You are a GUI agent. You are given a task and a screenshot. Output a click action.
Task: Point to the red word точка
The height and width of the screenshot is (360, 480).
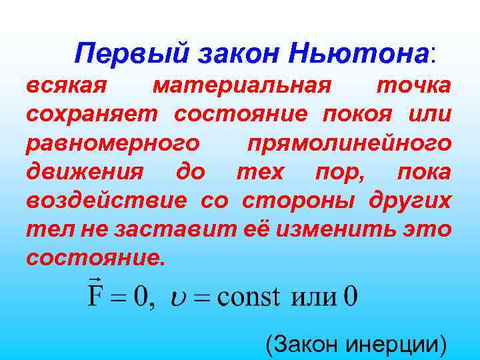coord(413,86)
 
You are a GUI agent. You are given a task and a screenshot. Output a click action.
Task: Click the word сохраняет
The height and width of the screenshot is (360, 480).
coord(93,115)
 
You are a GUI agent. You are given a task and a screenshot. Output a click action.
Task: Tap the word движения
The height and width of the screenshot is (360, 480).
coord(84,172)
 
